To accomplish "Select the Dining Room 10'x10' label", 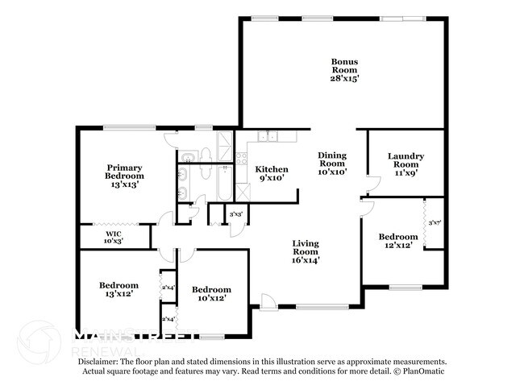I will tap(331, 163).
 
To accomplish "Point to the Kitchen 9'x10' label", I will tap(271, 173).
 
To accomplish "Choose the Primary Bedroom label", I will tap(125, 176).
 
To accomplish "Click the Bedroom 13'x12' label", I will tap(119, 289).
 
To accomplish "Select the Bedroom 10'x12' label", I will tap(211, 294).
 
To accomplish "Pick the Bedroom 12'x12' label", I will tap(399, 241).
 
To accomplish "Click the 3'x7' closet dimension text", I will tap(435, 222).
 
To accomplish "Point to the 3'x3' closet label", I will tap(236, 214).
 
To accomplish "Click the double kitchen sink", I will tap(269, 136).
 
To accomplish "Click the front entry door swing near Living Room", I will tap(269, 301).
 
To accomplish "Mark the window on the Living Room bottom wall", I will tap(322, 307).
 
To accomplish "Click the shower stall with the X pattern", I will tap(243, 193).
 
